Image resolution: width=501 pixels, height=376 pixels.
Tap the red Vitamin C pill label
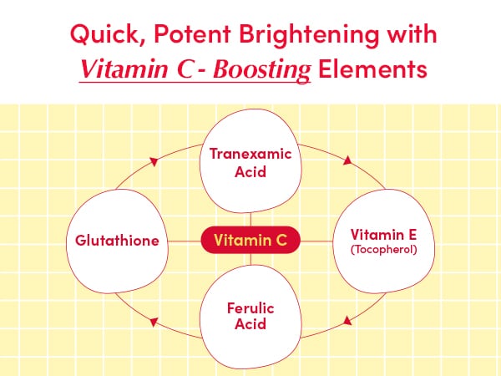coord(250,241)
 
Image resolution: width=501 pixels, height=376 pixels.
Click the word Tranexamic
coord(250,155)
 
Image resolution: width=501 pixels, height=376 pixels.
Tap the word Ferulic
coord(250,308)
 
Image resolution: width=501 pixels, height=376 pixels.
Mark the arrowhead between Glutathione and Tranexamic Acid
coord(153,160)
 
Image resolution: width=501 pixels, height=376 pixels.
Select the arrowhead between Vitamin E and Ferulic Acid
coord(346,320)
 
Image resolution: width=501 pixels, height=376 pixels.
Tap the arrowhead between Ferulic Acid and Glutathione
coord(154,320)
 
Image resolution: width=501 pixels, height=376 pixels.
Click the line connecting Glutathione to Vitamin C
coord(184,241)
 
